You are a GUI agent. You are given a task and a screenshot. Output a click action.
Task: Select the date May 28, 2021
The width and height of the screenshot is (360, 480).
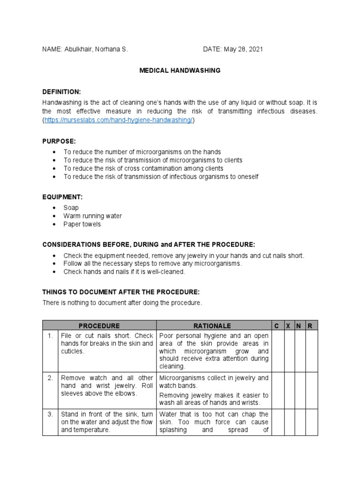point(236,50)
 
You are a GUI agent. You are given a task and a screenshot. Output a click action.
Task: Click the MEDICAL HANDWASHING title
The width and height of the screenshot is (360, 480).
point(180,70)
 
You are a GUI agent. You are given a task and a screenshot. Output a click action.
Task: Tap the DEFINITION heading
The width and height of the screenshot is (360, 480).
point(62,91)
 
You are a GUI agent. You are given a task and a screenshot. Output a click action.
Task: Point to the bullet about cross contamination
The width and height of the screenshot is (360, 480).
point(143,168)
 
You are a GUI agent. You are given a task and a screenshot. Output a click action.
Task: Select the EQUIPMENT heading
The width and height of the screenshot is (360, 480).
point(62,197)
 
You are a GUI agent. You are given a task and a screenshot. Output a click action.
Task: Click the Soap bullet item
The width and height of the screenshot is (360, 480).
point(71,208)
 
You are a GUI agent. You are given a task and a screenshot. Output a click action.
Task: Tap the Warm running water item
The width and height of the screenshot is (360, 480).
point(92,216)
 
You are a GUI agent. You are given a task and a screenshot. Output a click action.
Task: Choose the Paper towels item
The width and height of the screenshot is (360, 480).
point(82,224)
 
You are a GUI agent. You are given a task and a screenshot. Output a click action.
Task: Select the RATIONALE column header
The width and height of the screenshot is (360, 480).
point(214,326)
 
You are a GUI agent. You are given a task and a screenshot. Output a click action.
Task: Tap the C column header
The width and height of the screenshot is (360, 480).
point(277,326)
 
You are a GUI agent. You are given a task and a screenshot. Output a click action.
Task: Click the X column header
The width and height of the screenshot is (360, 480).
point(288,326)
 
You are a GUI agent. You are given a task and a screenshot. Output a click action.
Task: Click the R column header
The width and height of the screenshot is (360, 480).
point(310,326)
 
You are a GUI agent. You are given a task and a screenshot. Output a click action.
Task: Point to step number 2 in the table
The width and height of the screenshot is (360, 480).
point(50,378)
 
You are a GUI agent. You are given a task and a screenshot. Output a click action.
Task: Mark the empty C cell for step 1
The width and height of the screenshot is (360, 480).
point(277,351)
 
